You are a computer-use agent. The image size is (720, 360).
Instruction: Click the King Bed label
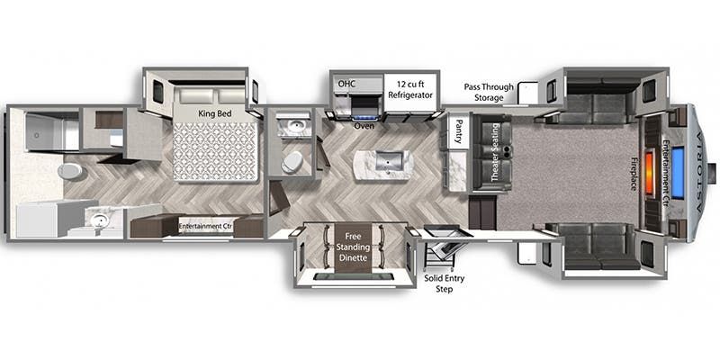[214, 113]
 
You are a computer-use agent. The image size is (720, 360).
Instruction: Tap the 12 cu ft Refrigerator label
[410, 89]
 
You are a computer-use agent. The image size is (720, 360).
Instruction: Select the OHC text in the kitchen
[346, 84]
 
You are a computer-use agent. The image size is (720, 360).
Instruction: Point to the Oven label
[363, 126]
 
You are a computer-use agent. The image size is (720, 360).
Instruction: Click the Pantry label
[458, 130]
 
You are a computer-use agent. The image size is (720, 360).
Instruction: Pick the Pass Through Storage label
[488, 93]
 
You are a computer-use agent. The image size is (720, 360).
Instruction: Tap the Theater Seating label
[495, 152]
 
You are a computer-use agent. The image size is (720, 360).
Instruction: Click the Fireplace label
[634, 175]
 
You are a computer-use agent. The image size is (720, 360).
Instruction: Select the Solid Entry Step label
[444, 283]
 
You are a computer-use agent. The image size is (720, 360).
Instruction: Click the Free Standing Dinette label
[353, 247]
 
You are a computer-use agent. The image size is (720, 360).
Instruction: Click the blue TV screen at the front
[678, 172]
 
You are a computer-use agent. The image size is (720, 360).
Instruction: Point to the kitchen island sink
[390, 161]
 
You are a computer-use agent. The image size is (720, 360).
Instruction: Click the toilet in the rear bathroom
[70, 171]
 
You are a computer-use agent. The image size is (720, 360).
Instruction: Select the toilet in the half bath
[292, 162]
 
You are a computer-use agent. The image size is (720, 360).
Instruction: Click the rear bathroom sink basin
[98, 221]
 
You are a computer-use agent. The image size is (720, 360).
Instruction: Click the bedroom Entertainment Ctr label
[206, 226]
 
